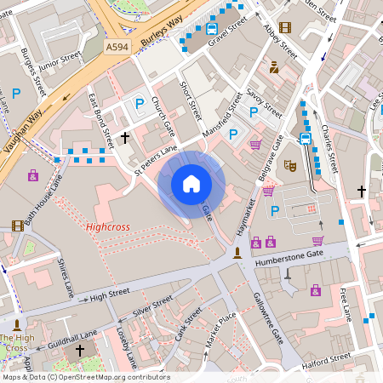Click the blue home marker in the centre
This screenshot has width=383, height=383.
pos(191,184)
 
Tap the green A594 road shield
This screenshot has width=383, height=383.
pos(117,48)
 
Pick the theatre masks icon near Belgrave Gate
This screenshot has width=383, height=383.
pos(289,166)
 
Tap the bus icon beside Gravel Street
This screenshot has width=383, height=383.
pos(211,29)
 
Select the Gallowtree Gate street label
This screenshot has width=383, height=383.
pos(267,319)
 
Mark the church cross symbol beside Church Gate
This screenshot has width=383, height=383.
pos(125,137)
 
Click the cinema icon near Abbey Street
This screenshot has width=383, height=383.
pos(284,27)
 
